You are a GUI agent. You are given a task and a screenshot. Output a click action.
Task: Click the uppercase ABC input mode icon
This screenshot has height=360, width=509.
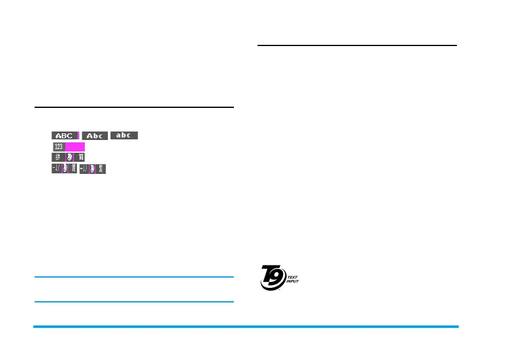coord(65,136)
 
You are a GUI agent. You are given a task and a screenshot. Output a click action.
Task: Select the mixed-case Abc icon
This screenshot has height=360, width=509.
coord(95,136)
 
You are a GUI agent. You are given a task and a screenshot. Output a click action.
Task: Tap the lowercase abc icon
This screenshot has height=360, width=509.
coord(124,135)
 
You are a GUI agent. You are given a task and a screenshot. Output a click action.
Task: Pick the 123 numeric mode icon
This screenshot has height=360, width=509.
coord(58,147)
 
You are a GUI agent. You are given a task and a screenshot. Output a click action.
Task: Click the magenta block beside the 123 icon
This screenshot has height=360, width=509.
coord(75,147)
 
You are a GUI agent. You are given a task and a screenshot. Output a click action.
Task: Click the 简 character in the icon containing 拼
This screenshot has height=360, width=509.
coord(80,158)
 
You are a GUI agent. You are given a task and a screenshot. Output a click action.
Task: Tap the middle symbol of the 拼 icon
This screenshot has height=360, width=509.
coord(69,158)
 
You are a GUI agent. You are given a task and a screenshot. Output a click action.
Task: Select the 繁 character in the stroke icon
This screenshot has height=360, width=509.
coord(73,169)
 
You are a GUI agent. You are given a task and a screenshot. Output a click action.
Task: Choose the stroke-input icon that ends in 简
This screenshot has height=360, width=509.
coord(93,169)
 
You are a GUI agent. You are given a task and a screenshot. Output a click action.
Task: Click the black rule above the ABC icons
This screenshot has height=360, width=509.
coord(134,107)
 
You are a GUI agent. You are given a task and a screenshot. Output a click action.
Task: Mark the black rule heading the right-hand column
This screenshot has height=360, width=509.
coord(357,45)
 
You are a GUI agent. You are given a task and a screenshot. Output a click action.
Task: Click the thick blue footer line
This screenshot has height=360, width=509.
coord(246,327)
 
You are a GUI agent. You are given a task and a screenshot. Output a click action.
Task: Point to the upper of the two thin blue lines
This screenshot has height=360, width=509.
coord(134,278)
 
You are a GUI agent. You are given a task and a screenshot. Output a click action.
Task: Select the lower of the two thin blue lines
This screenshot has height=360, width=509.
coord(134,302)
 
